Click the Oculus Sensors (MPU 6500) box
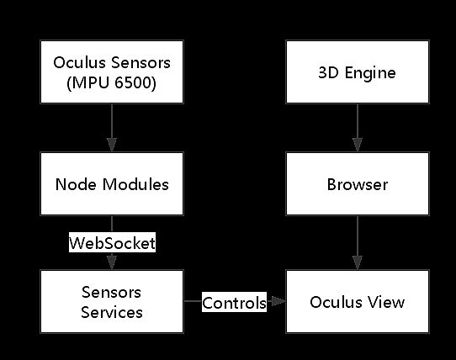tap(112, 72)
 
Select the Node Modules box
tap(112, 183)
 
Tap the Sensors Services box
tap(112, 302)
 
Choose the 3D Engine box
tap(358, 72)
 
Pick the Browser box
tap(358, 183)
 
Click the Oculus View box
tap(358, 302)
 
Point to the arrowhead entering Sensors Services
tap(112, 265)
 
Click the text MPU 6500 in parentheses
tap(112, 82)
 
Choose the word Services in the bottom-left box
tap(112, 312)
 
